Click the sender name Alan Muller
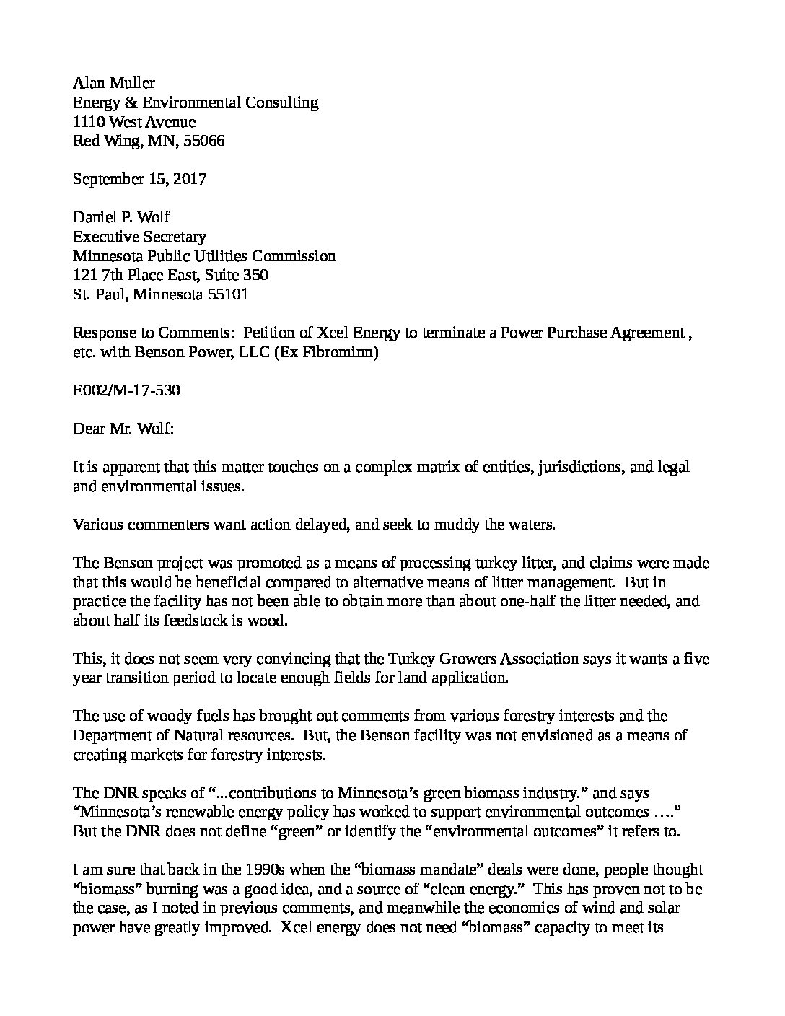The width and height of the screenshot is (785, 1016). tap(114, 84)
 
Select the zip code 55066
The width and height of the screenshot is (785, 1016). tap(204, 141)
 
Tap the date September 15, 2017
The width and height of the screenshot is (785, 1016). tap(140, 179)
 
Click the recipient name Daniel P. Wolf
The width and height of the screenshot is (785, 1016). tap(122, 217)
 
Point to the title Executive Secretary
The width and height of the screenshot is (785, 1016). tap(139, 237)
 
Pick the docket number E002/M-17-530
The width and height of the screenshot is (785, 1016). tap(126, 390)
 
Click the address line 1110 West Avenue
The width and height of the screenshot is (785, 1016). tap(134, 122)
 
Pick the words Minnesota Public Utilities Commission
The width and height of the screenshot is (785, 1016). tap(204, 255)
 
